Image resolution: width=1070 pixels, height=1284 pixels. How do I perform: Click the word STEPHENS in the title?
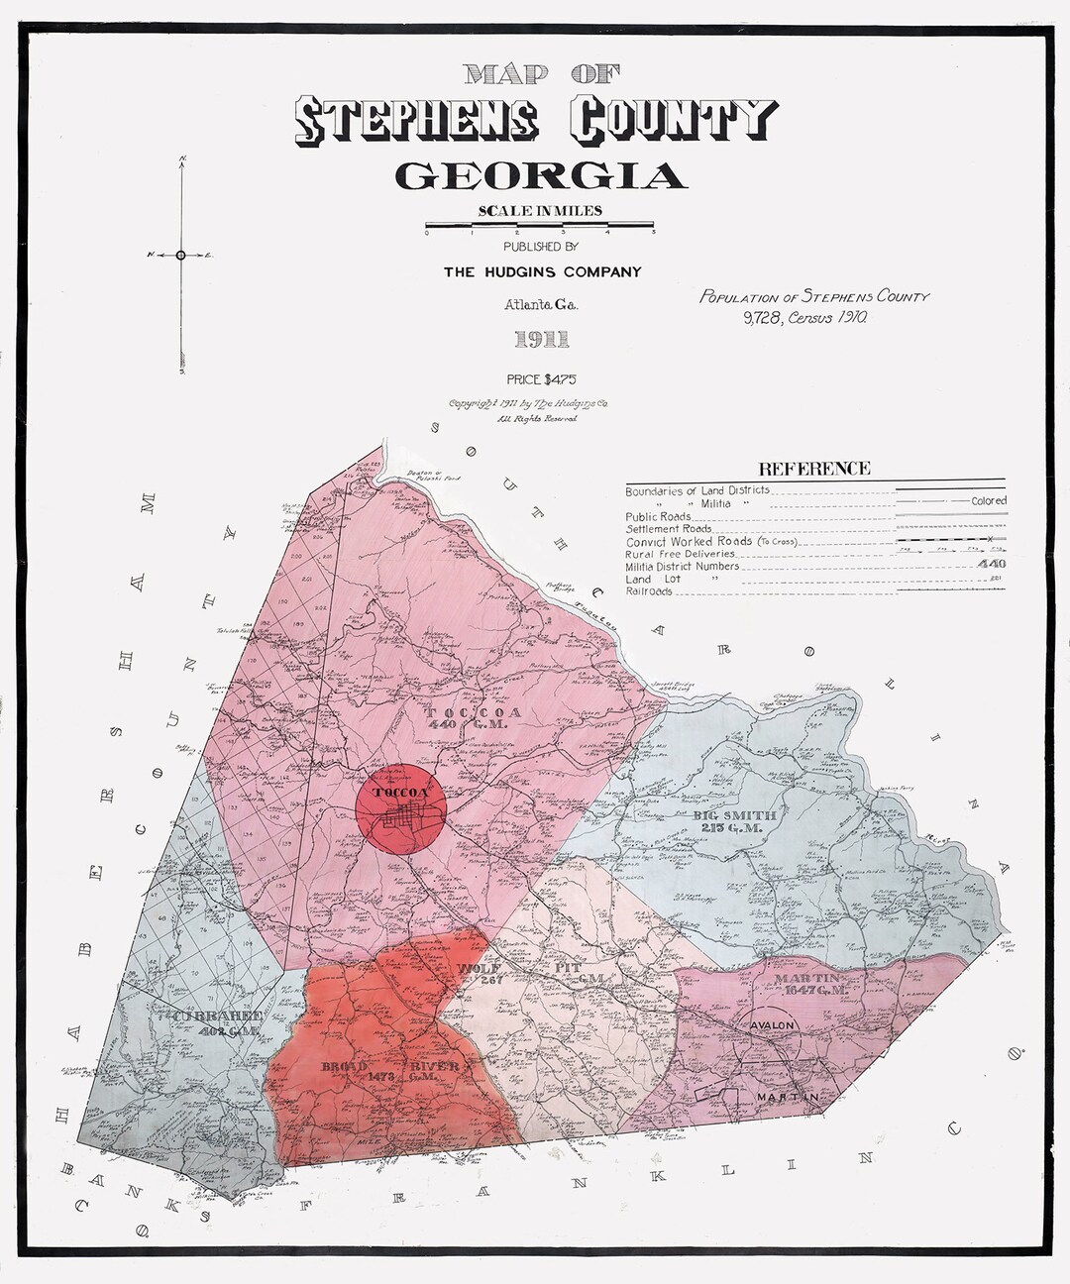[x=418, y=121]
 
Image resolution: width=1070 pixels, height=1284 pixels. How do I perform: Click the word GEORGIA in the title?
[x=540, y=176]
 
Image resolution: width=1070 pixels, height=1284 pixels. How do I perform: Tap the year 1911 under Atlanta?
[x=541, y=340]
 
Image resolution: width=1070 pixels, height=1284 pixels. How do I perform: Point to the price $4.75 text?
[x=540, y=378]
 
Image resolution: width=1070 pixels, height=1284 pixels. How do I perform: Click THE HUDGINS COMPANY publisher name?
[x=542, y=271]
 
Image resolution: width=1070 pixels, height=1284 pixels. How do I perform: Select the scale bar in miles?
[x=540, y=225]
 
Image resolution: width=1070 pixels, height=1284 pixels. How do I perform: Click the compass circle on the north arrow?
[x=180, y=255]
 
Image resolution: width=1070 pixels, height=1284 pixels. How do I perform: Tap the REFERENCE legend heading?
[x=813, y=469]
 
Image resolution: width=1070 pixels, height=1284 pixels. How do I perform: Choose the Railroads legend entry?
[x=649, y=591]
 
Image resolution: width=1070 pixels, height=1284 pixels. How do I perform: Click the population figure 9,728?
[x=758, y=318]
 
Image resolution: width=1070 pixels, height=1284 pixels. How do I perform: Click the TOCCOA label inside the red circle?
[x=400, y=793]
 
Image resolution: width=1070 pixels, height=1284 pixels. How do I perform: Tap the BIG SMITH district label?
[x=736, y=814]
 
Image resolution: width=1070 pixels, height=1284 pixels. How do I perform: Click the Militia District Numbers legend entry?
[x=683, y=566]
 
